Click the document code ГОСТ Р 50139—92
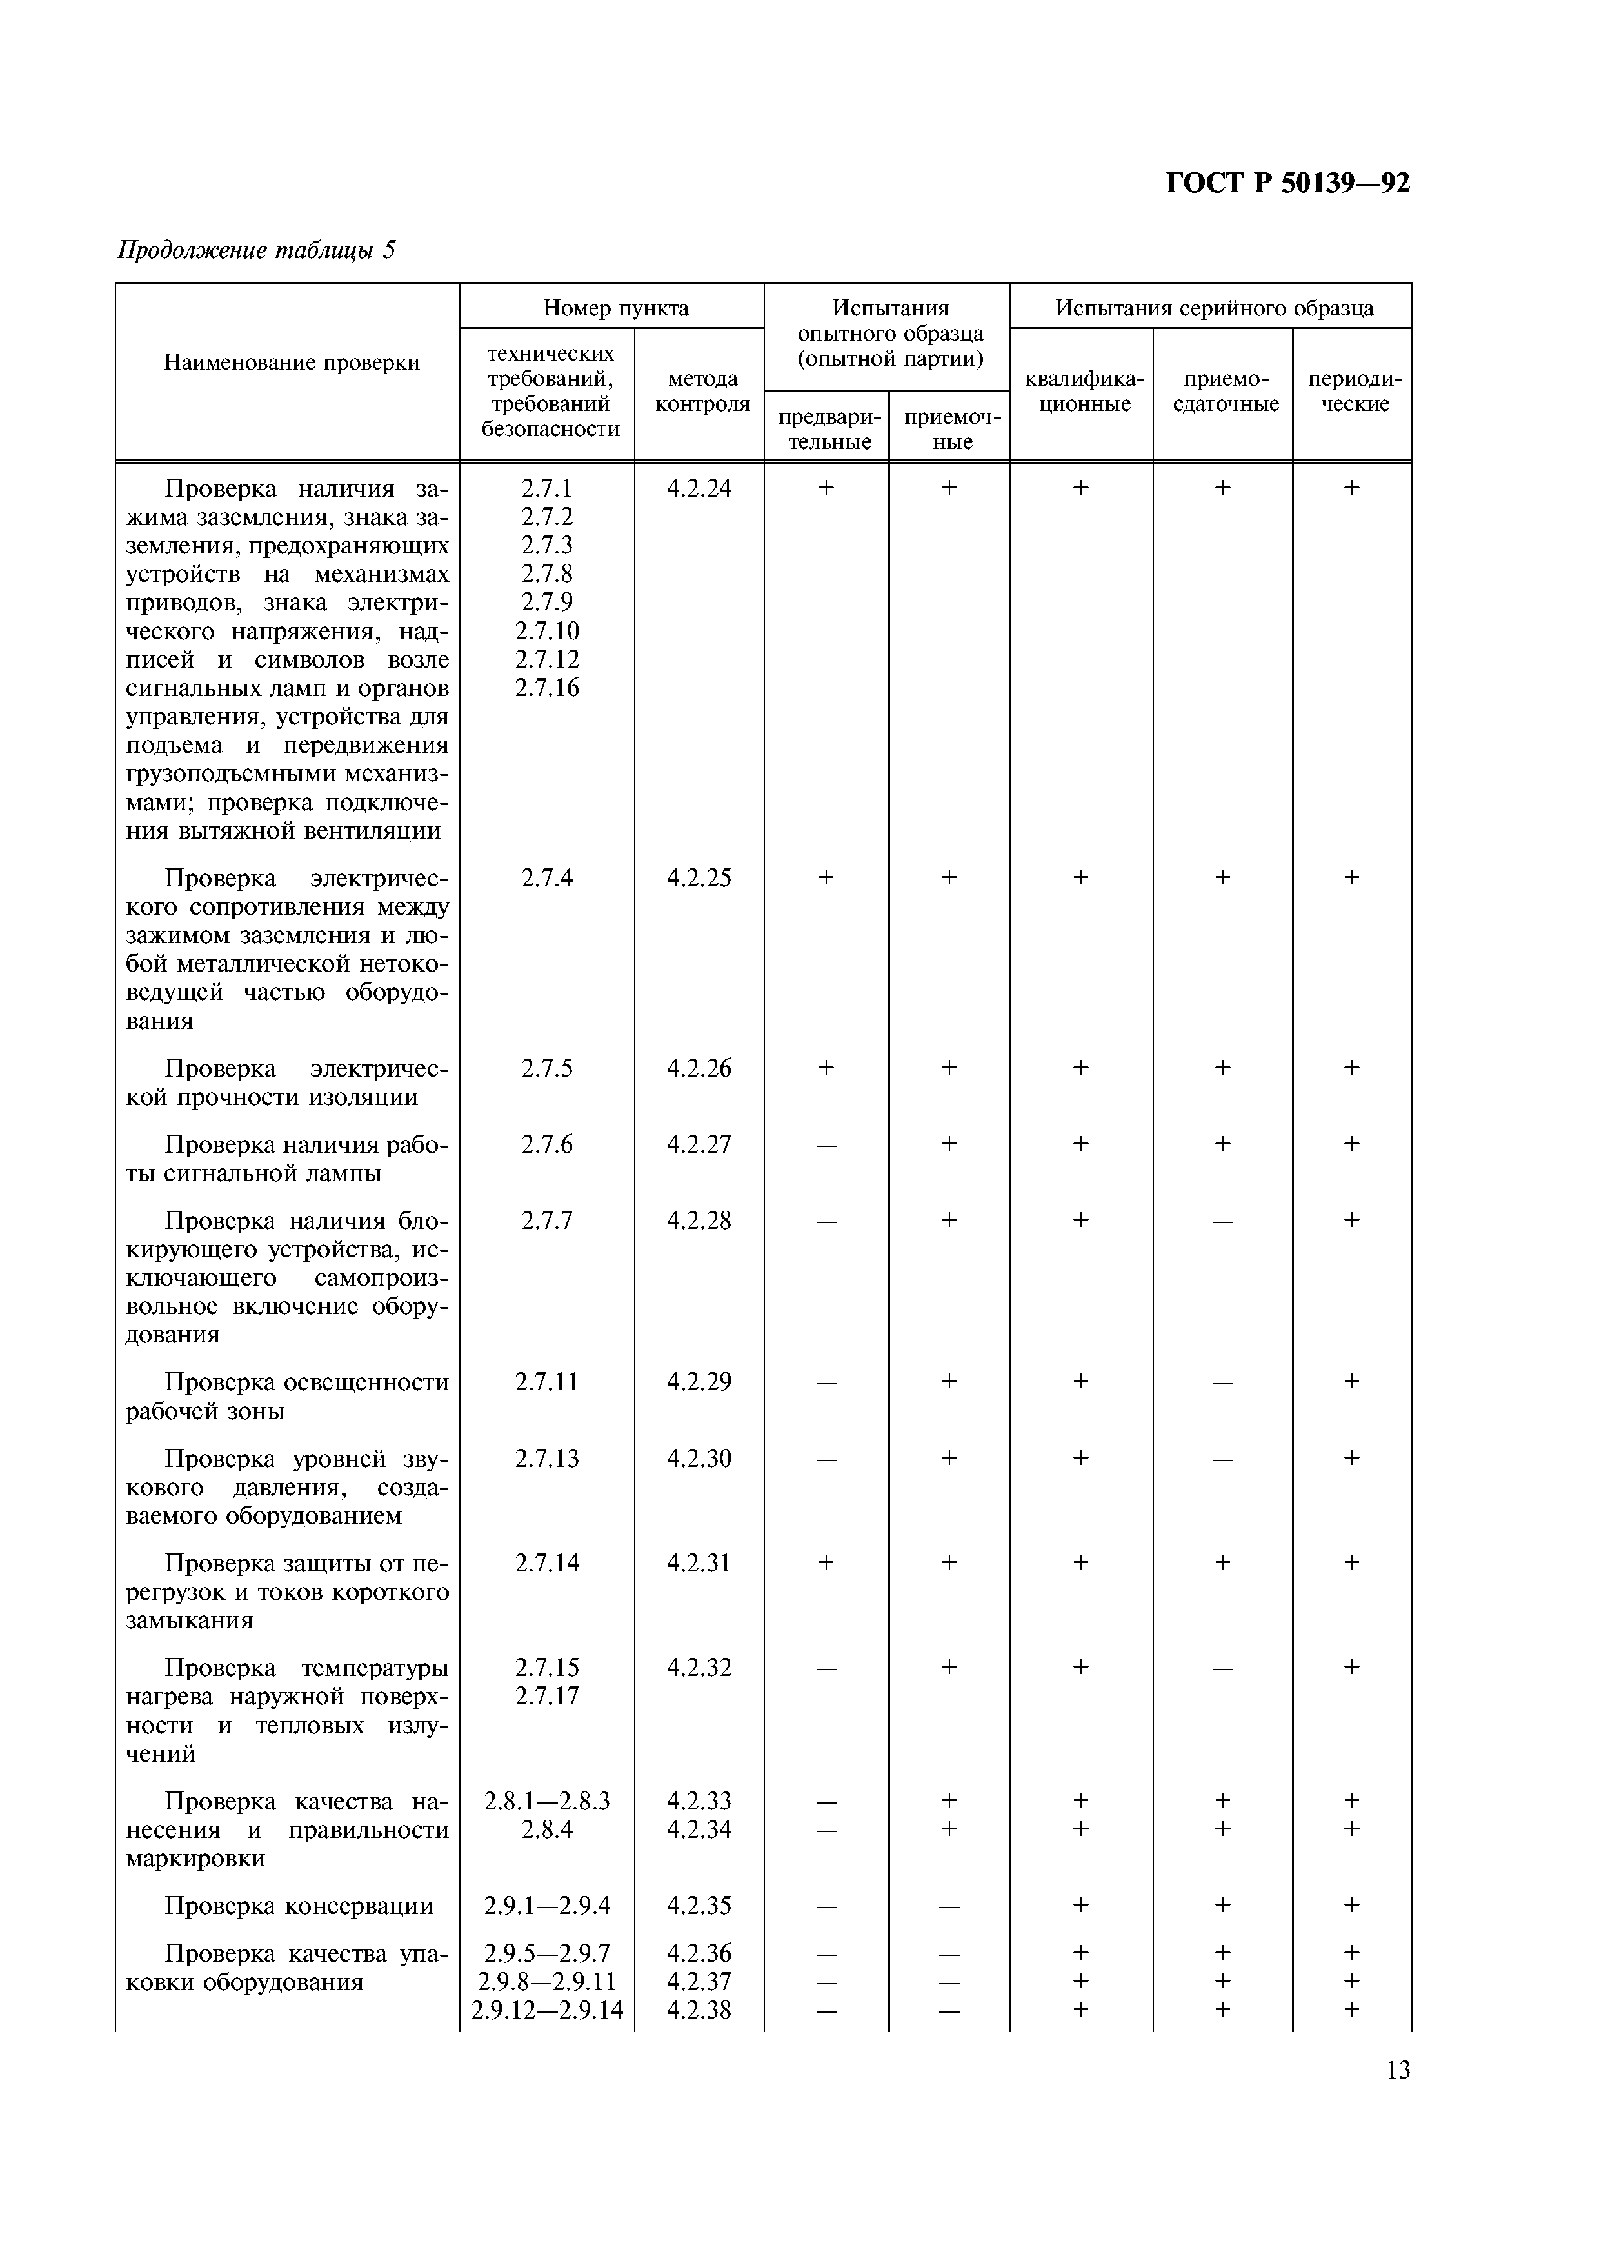(x=1287, y=183)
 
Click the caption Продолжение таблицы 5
(x=256, y=250)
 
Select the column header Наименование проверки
(x=292, y=363)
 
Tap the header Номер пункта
(x=616, y=308)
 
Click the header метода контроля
(x=702, y=392)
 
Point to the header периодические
(x=1354, y=392)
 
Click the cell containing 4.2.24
(x=699, y=488)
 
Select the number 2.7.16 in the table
(x=547, y=688)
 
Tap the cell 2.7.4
(x=547, y=877)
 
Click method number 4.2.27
(x=699, y=1144)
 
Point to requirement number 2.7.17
(x=547, y=1696)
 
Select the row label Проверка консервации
(x=299, y=1906)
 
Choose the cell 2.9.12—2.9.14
(x=547, y=2011)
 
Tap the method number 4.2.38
(x=699, y=2011)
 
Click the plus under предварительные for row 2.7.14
(x=826, y=1563)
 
